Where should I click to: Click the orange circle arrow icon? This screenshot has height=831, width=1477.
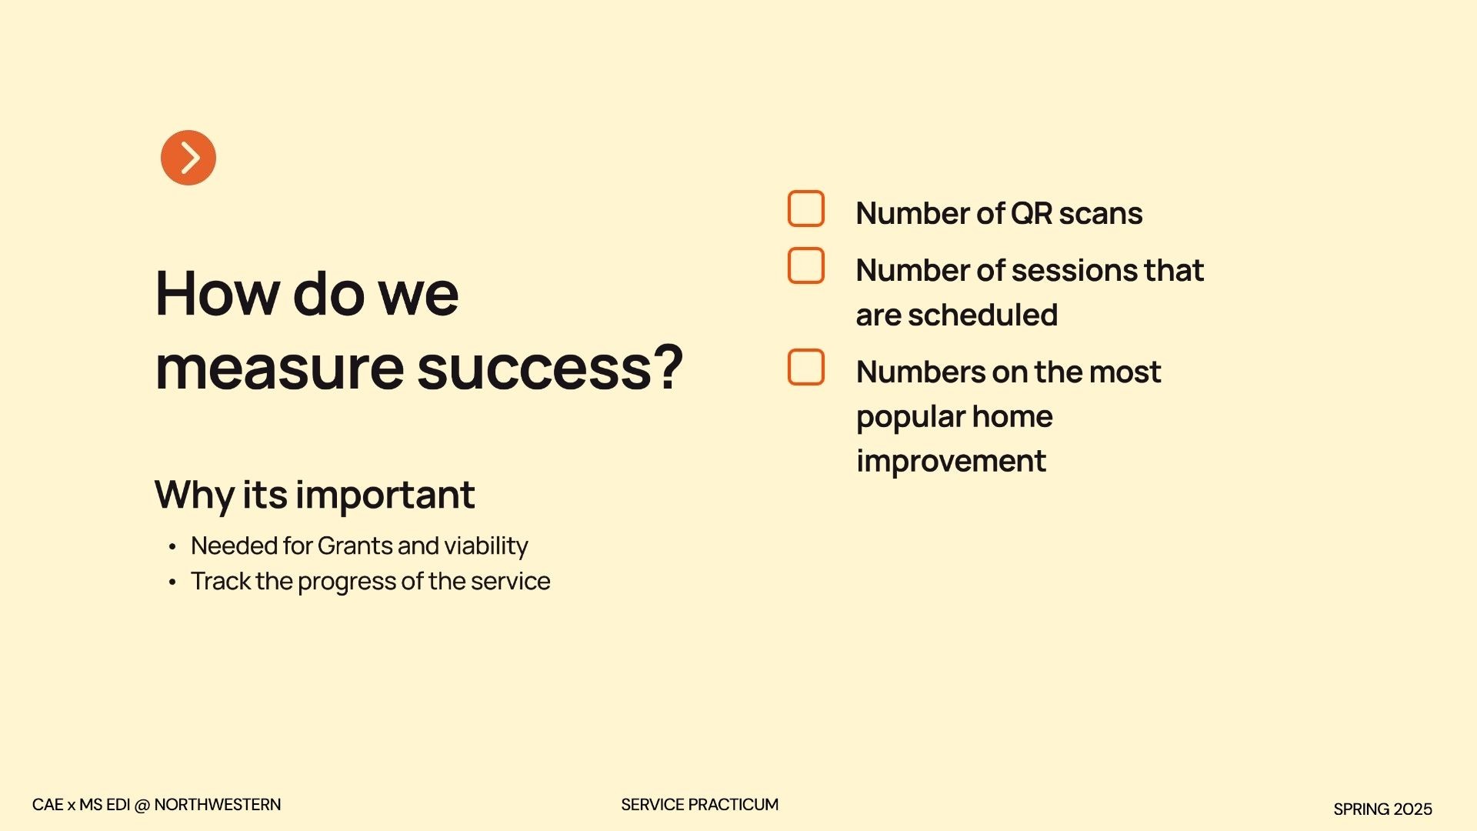tap(188, 158)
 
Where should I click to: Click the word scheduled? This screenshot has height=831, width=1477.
tap(983, 315)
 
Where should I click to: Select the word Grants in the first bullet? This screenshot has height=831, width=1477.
tap(355, 546)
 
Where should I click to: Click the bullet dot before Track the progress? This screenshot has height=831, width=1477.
tap(172, 582)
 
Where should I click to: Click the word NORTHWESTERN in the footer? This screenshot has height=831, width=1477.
tap(218, 805)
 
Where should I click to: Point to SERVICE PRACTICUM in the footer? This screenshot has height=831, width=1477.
tap(700, 805)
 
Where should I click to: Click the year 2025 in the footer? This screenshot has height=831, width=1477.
tap(1413, 809)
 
